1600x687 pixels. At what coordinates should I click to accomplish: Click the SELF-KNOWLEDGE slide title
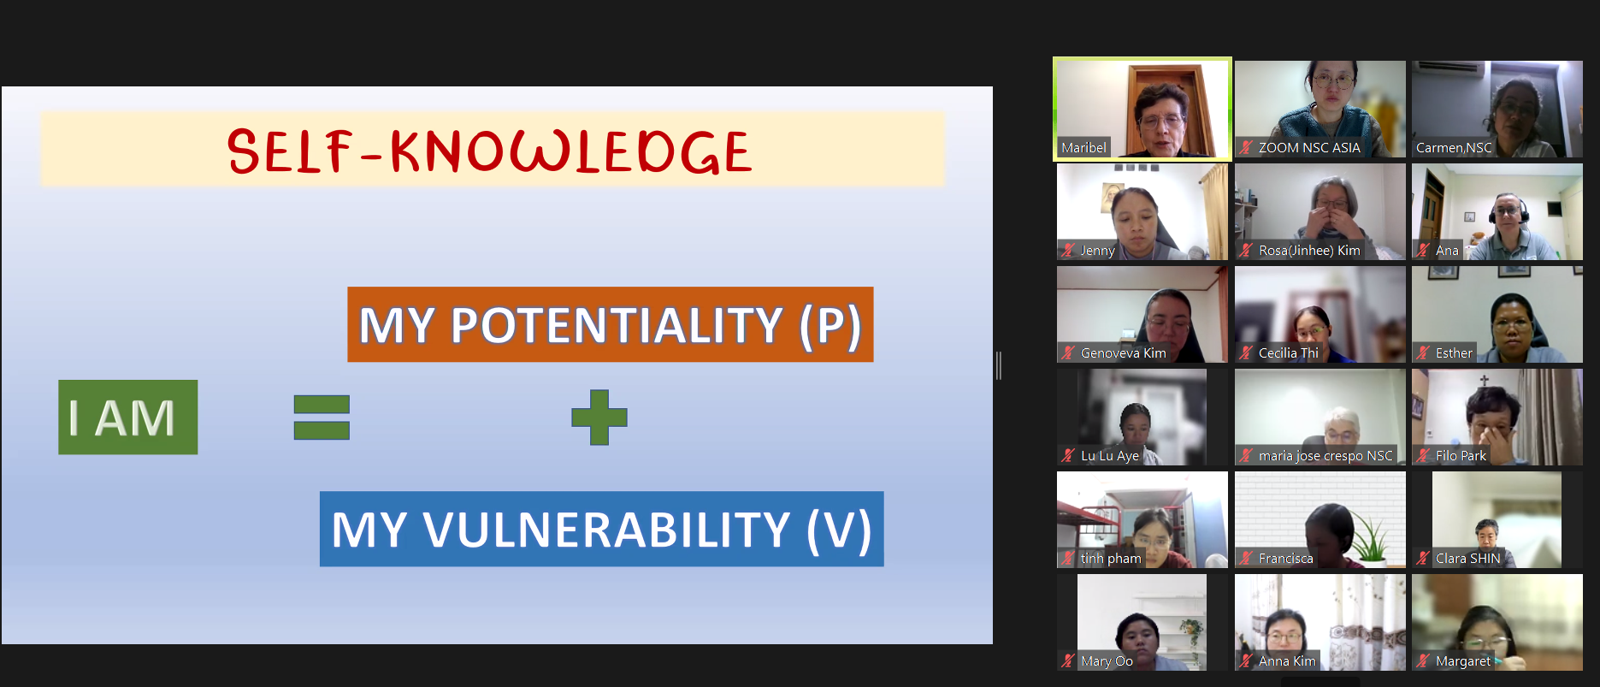[x=489, y=151]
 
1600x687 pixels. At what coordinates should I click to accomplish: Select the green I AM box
[x=128, y=417]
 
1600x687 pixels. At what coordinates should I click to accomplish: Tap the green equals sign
[x=322, y=417]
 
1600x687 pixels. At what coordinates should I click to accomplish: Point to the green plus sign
[x=599, y=418]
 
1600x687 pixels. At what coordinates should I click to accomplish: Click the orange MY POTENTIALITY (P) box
[x=611, y=324]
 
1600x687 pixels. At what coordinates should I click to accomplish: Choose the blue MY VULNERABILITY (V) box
[x=602, y=529]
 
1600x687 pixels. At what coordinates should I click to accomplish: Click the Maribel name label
[x=1083, y=147]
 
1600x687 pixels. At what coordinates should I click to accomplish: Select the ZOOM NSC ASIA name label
[x=1309, y=147]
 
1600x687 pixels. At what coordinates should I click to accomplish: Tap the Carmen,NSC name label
[x=1454, y=147]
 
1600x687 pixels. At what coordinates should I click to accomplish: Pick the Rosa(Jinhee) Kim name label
[x=1309, y=250]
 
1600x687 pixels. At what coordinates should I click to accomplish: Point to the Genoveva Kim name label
[x=1123, y=352]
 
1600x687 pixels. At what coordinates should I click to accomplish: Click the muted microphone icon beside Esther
[x=1423, y=352]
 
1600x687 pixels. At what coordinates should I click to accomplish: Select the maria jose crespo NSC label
[x=1325, y=455]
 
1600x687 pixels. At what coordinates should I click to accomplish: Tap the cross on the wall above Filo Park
[x=1484, y=381]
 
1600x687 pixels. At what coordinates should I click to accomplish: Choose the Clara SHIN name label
[x=1467, y=558]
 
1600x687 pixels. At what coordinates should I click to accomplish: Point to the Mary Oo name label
[x=1107, y=660]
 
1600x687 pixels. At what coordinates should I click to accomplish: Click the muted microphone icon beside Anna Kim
[x=1246, y=660]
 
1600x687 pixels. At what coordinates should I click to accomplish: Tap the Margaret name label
[x=1462, y=660]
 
